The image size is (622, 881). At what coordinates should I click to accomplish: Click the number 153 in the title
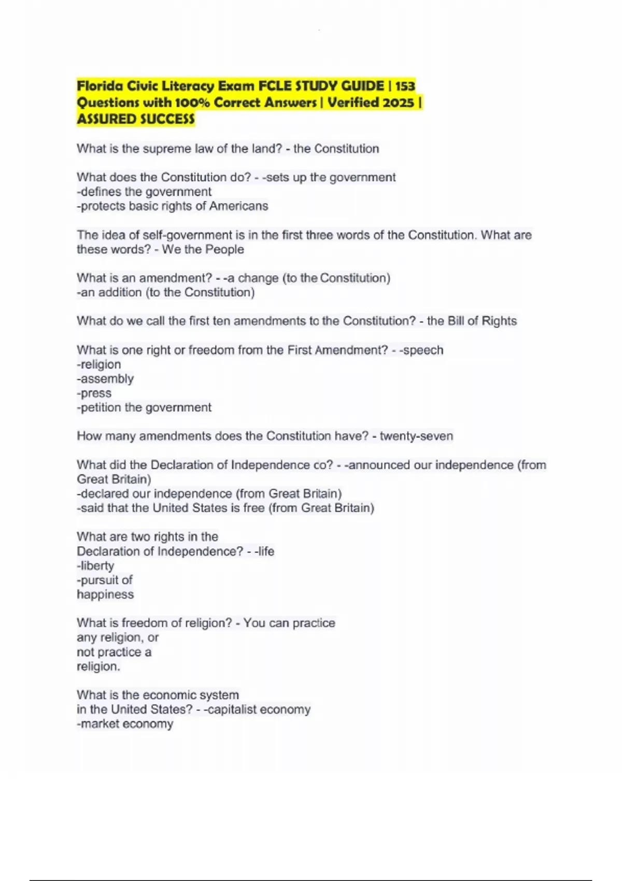pyautogui.click(x=404, y=86)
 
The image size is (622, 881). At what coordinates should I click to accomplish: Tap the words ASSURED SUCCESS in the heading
pyautogui.click(x=136, y=119)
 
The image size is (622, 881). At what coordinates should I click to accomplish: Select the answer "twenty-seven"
pyautogui.click(x=416, y=436)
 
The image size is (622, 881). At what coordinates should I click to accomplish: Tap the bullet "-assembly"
pyautogui.click(x=105, y=379)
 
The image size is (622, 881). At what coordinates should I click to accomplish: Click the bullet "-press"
pyautogui.click(x=94, y=393)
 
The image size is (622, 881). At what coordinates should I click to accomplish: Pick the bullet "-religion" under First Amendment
pyautogui.click(x=99, y=364)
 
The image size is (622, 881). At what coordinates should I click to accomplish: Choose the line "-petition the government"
pyautogui.click(x=144, y=407)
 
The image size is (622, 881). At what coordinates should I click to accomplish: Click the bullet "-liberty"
pyautogui.click(x=95, y=566)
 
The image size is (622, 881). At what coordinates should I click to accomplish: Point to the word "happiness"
pyautogui.click(x=105, y=594)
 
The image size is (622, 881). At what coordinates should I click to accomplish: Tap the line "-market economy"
pyautogui.click(x=125, y=724)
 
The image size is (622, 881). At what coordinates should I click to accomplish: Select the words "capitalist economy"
pyautogui.click(x=259, y=709)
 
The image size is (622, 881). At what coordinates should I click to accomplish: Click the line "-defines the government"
pyautogui.click(x=144, y=192)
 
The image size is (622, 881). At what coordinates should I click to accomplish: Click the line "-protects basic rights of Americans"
pyautogui.click(x=173, y=206)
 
